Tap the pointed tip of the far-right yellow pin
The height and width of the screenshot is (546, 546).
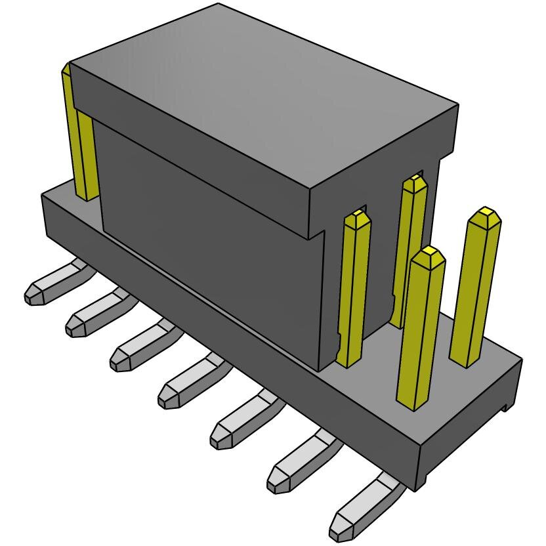tap(485, 214)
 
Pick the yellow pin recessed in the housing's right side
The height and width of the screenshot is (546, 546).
tap(410, 249)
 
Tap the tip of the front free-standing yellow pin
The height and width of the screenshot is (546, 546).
tap(429, 253)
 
